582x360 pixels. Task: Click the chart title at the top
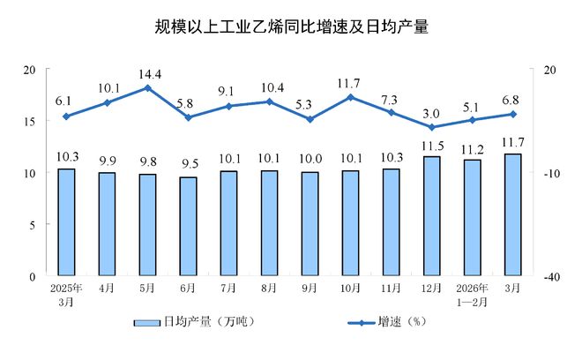coord(290,26)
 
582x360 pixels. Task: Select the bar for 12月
coord(431,216)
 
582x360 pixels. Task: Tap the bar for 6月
coord(188,227)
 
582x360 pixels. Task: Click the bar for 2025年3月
coord(66,222)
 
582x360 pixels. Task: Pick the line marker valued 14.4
coord(147,87)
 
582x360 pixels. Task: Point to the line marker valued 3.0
coord(431,127)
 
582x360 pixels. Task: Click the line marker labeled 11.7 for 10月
coord(351,96)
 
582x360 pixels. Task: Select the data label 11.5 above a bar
coord(431,145)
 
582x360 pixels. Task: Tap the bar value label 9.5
coord(188,165)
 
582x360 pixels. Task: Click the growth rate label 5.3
coord(310,104)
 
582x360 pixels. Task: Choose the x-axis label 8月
coord(269,288)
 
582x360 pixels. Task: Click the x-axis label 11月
coord(391,288)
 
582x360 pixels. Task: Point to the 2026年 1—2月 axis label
coord(472,294)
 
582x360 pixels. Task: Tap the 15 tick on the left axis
coord(29,121)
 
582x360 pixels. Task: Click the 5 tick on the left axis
coord(32,224)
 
